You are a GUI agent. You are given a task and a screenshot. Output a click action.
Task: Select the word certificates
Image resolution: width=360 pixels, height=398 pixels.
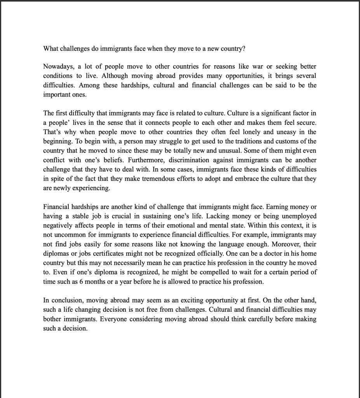click(113, 253)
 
